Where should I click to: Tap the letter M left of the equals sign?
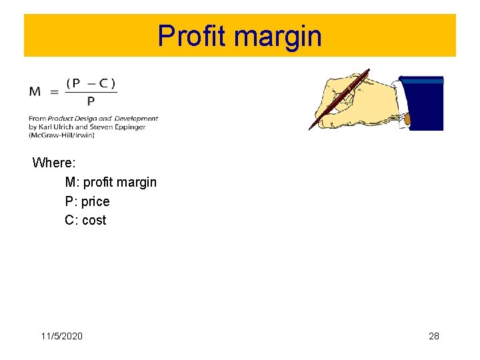tap(35, 91)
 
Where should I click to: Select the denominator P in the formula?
tap(91, 101)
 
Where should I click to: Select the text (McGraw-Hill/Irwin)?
tap(61, 135)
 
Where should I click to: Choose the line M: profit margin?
tap(111, 182)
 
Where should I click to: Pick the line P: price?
tap(87, 201)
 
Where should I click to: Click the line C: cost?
tap(85, 220)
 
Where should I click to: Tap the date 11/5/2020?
tap(62, 336)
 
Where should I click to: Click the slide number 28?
tap(434, 336)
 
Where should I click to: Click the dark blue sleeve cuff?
tap(421, 103)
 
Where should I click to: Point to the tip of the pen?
tap(311, 129)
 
